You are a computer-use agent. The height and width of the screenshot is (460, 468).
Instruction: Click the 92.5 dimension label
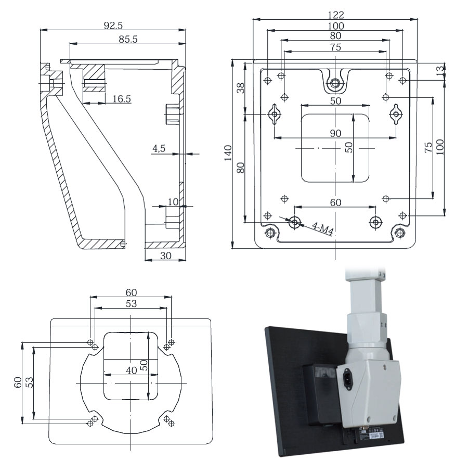(113, 25)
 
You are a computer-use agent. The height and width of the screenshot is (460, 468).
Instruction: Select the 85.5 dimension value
(127, 40)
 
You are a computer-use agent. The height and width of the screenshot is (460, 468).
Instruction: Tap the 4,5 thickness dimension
(159, 149)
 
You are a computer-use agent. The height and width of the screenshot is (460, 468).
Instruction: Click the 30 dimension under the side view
(165, 255)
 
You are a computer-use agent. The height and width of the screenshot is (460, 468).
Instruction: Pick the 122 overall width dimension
(335, 15)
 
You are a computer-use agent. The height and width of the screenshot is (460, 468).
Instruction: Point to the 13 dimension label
(440, 69)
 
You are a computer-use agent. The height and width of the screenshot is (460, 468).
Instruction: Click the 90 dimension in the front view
(335, 133)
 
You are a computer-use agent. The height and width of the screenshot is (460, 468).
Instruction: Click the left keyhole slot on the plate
(275, 114)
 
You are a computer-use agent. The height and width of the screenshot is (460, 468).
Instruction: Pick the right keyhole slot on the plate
(396, 114)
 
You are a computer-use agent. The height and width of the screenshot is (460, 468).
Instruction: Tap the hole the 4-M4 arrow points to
(295, 222)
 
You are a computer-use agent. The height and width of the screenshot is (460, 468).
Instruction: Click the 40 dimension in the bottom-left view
(131, 370)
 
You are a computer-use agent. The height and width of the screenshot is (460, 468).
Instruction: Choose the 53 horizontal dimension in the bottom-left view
(131, 303)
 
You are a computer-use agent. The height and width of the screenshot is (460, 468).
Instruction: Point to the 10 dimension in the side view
(172, 201)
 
